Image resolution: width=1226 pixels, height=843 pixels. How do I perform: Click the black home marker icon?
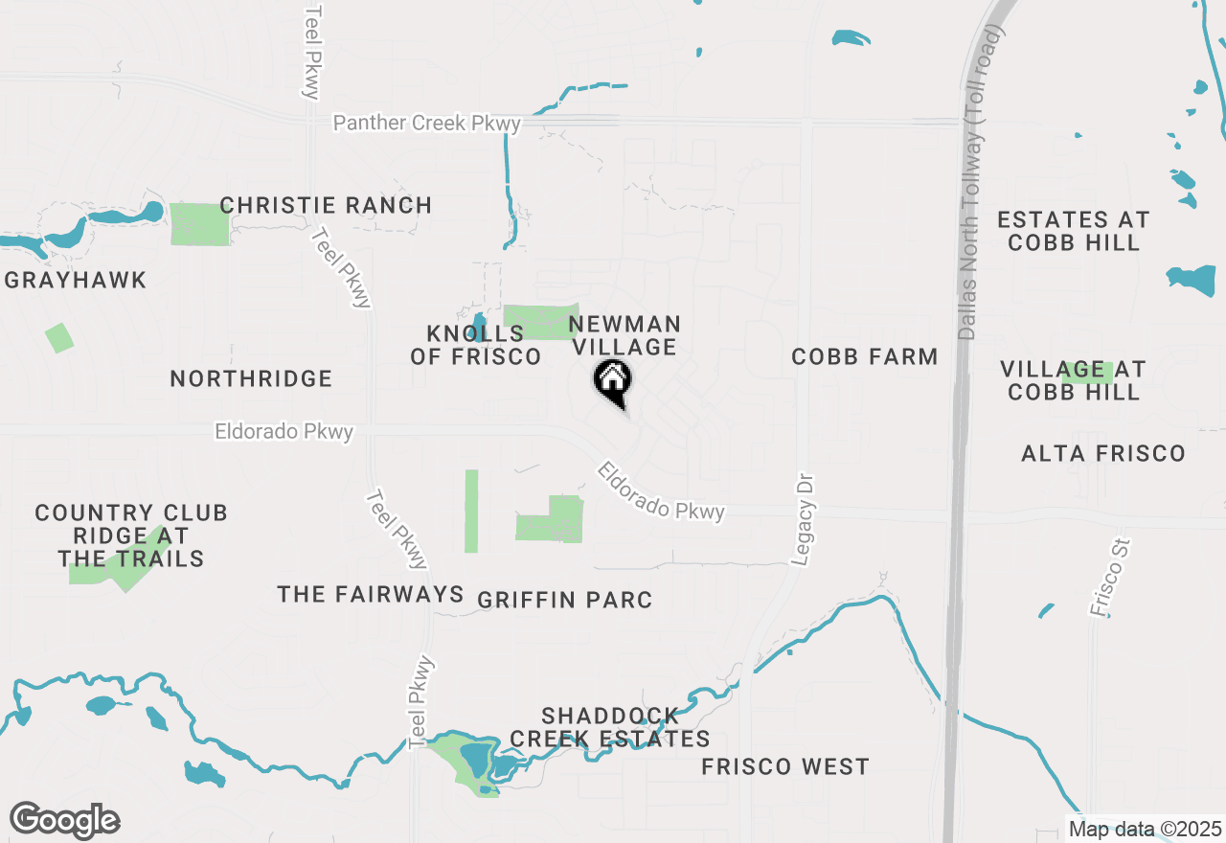pos(613,380)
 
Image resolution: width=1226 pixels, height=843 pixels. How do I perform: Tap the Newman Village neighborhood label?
pos(624,335)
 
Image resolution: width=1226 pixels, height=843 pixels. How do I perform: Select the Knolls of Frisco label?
pos(476,345)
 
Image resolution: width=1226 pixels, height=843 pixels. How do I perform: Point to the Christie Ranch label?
pos(326,205)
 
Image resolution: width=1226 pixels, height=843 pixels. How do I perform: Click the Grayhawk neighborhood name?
pos(76,281)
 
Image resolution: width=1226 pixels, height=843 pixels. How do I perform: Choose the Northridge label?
pos(251,378)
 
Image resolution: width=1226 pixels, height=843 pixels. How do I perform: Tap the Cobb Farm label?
pos(864,356)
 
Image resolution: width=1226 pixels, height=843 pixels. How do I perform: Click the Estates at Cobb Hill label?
pos(1073,231)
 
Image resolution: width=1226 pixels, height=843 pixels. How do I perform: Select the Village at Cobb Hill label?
pos(1073,380)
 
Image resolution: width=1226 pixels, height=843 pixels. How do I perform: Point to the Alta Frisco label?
pos(1103,453)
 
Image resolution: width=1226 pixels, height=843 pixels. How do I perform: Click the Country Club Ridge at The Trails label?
pos(131,535)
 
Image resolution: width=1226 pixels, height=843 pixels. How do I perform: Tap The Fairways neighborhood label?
pos(371,595)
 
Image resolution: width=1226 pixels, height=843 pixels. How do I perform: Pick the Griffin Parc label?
pos(565,601)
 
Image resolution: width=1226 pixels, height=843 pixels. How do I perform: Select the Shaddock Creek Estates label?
pos(610,727)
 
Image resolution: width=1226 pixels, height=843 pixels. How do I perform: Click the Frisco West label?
pos(785,766)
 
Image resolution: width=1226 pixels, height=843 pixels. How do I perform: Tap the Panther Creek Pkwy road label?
pos(427,124)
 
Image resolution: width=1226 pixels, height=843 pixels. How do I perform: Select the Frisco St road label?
pos(1110,577)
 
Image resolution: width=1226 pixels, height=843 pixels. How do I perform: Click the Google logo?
pos(64,821)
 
